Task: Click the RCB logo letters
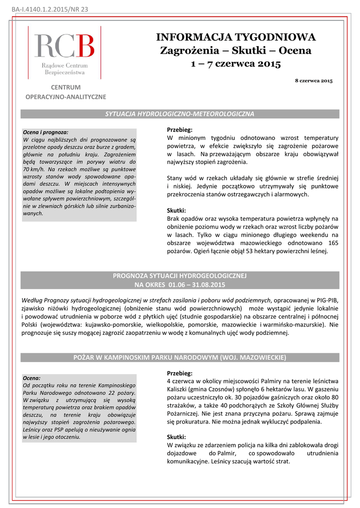point(64,46)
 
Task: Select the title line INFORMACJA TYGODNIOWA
point(236,37)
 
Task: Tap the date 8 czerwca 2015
point(313,80)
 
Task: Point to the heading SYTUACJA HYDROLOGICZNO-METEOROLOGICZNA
point(180,114)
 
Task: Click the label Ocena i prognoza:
point(46,132)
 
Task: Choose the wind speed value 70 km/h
point(34,169)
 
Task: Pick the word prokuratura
point(192,422)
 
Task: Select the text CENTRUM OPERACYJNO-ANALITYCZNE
point(66,92)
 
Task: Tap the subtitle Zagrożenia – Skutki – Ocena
point(235,51)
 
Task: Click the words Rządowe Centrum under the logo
point(65,65)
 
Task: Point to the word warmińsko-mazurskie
point(294,325)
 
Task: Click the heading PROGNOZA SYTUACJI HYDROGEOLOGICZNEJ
point(180,275)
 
